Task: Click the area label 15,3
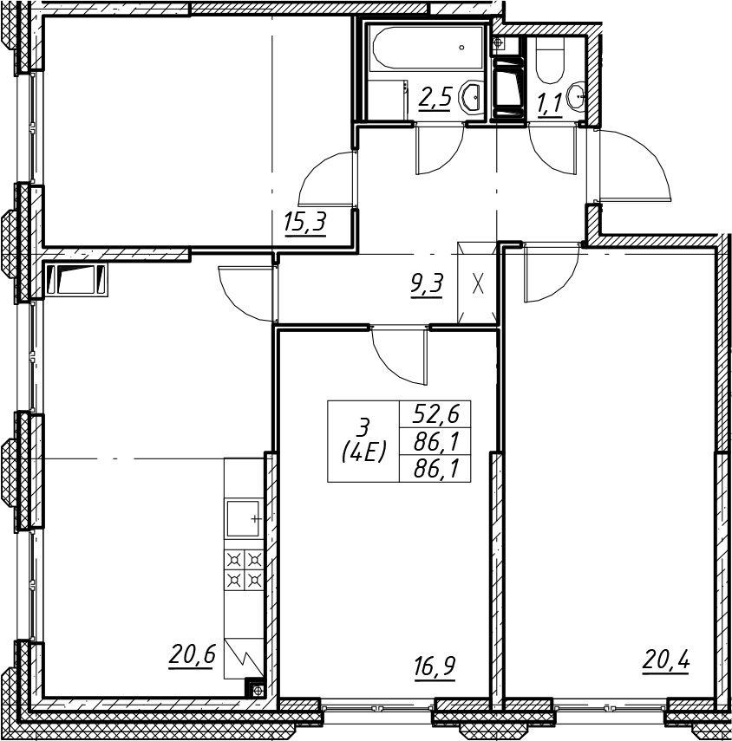tap(305, 223)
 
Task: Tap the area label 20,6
tap(192, 656)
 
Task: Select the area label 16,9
tap(435, 667)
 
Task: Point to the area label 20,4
tap(666, 659)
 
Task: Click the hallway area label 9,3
tap(427, 285)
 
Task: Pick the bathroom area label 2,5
tap(435, 98)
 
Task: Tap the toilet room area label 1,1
tap(550, 103)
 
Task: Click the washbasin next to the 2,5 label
tap(471, 97)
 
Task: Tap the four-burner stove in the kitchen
tap(244, 569)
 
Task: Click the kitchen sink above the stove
tap(244, 518)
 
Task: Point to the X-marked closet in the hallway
tap(478, 283)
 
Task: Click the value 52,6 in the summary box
tap(436, 414)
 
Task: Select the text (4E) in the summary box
tap(364, 452)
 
